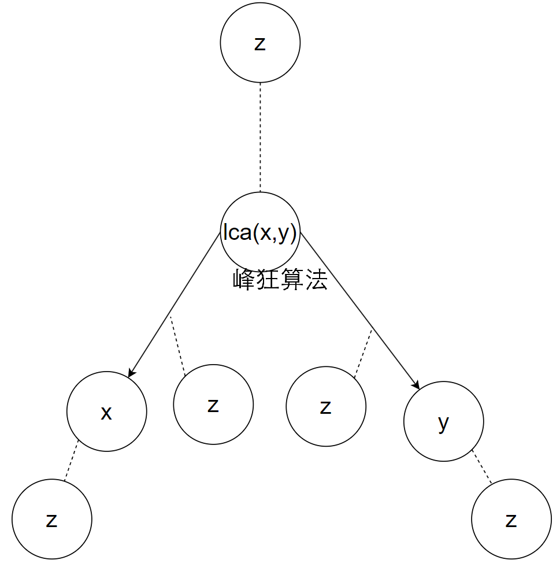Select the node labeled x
point(107,411)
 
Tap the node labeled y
point(443,422)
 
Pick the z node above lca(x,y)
point(260,44)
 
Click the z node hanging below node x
point(52,519)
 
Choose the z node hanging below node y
point(511,519)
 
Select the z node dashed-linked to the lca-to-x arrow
point(213,405)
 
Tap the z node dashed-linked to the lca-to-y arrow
point(326,406)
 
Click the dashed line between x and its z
point(71,461)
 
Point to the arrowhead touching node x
point(132,373)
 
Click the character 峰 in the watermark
point(244,280)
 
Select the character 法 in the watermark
point(316,280)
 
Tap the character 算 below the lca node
point(292,280)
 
